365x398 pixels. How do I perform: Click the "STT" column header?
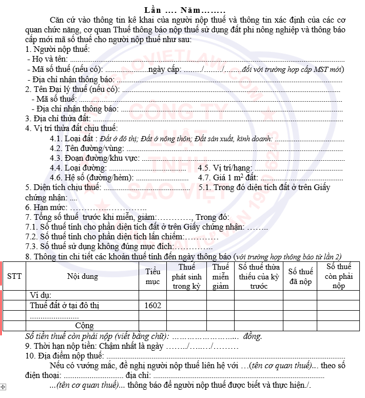coord(14,276)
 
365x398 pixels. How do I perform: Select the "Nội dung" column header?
coord(83,276)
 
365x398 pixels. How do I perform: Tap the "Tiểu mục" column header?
coord(153,276)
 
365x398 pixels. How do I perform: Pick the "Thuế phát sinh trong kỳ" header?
coord(186,276)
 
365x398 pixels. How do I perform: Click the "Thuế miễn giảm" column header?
coord(221,276)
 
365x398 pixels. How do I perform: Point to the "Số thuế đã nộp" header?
coord(300,276)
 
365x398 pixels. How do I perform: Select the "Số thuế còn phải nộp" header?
coord(338,276)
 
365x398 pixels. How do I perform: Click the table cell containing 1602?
coord(153,306)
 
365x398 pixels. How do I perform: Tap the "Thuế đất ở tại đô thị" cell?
coord(64,306)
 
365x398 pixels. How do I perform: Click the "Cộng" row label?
coord(85,326)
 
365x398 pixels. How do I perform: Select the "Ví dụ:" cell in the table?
coord(41,295)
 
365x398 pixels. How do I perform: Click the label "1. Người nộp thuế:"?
coord(57,49)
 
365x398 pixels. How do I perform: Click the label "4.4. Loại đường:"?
coord(78,168)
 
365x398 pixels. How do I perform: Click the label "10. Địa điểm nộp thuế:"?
coord(65,356)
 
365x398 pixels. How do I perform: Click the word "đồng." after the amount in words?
coord(253,336)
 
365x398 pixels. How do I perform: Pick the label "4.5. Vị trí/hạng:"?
coord(225,168)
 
